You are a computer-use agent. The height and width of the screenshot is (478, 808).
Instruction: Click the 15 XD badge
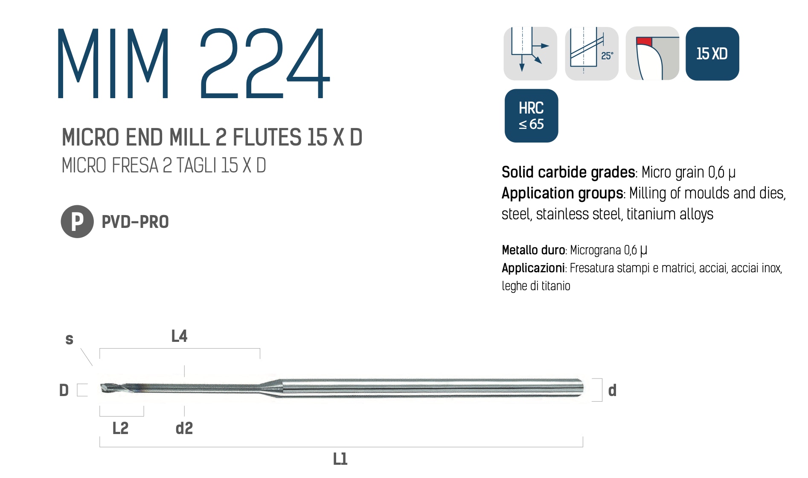point(712,54)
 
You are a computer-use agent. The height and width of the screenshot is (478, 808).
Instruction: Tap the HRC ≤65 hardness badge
point(531,116)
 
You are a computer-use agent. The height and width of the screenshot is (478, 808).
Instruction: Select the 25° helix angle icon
point(592,54)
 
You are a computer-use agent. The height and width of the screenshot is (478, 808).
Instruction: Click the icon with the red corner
point(652,54)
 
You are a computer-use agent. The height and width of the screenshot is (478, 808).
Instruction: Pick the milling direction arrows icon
point(530,54)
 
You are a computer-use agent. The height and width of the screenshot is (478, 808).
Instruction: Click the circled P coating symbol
point(77,222)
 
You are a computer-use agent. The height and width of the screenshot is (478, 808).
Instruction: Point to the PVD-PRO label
point(135,222)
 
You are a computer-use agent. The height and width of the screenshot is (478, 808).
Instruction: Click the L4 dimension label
point(179,336)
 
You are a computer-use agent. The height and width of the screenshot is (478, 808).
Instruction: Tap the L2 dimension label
point(120,428)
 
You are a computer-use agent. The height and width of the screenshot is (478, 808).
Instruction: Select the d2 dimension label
point(184,428)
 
